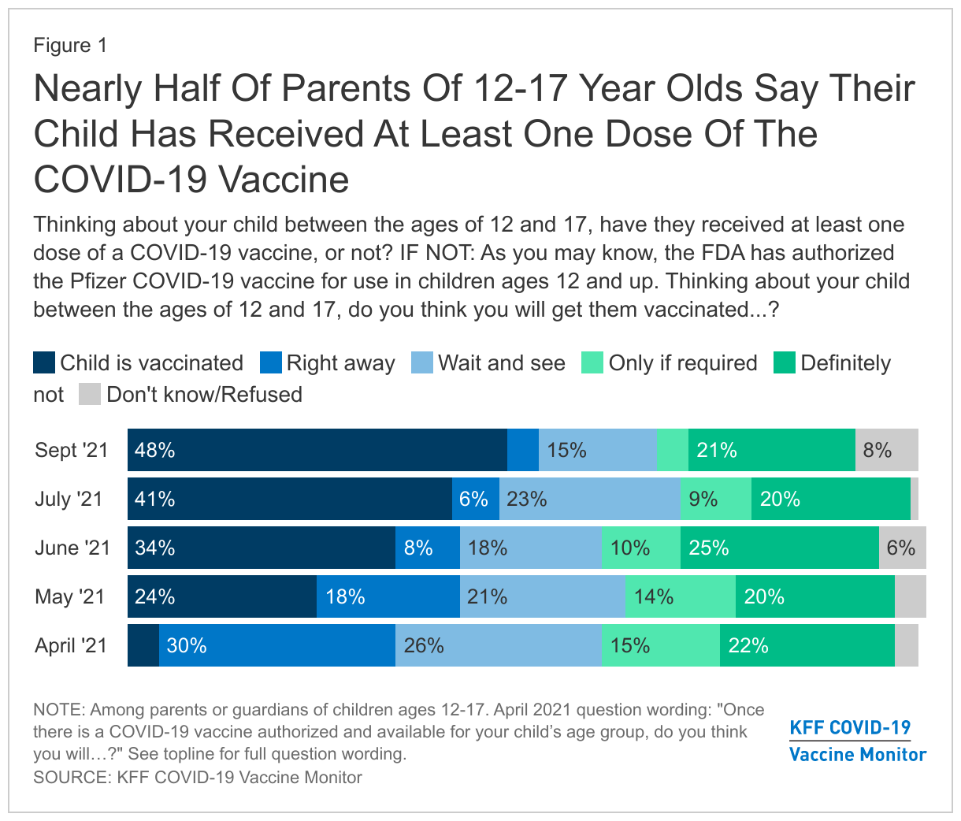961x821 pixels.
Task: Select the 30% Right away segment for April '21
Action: pos(276,645)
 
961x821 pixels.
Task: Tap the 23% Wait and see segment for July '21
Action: pos(589,499)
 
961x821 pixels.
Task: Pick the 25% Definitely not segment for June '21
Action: pos(779,548)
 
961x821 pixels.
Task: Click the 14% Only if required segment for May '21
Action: pos(680,596)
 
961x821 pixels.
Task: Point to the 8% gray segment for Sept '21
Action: pos(886,450)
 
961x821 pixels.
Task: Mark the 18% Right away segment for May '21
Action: pos(388,596)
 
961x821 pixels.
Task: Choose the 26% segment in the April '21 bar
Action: pos(498,645)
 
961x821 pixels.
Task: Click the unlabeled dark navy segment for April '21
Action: pos(143,645)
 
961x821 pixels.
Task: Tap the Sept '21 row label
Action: pos(71,451)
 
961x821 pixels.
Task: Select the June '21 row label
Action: pos(72,548)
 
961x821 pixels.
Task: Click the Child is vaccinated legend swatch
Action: pos(44,363)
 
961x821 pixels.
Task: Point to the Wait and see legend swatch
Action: pos(422,363)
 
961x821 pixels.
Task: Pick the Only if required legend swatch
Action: pos(592,363)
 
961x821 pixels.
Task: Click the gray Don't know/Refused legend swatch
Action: pos(90,394)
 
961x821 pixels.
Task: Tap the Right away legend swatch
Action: pos(270,363)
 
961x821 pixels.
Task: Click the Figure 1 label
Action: pos(70,46)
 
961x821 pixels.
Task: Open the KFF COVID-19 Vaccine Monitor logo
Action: pos(857,741)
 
